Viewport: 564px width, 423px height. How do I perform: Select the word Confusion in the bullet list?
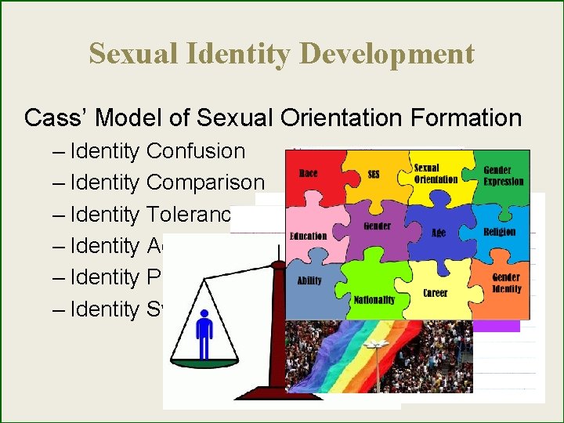pos(196,150)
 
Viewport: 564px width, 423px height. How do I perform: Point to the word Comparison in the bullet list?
pos(205,183)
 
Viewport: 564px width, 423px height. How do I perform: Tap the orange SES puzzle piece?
pos(374,175)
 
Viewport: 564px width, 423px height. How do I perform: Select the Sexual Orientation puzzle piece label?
pos(436,173)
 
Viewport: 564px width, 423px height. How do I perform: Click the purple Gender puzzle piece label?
pos(377,226)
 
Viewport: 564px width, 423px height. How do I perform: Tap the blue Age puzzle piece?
pos(439,233)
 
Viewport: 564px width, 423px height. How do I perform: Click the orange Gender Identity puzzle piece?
pos(505,284)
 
